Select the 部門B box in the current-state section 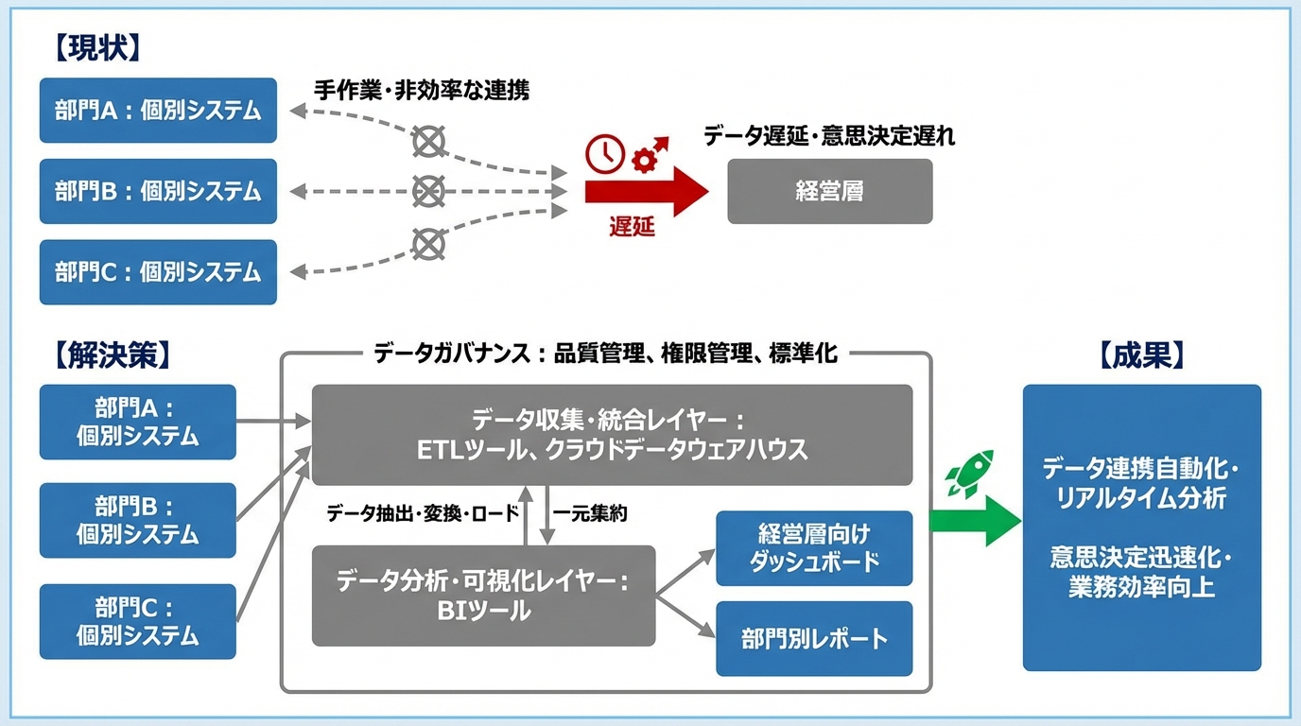coord(158,191)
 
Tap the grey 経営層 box coord(829,191)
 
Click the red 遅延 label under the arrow coord(631,228)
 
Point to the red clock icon coord(605,154)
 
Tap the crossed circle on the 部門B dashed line coord(428,192)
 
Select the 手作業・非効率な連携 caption coord(422,91)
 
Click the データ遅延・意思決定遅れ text coord(828,136)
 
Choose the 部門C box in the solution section coord(138,621)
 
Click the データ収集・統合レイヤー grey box coord(612,435)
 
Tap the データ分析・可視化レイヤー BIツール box coord(483,596)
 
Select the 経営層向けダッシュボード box coord(814,548)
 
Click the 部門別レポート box coord(814,638)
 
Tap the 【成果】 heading coord(1141,354)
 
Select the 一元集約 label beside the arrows coord(591,514)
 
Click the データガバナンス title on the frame coord(605,354)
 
